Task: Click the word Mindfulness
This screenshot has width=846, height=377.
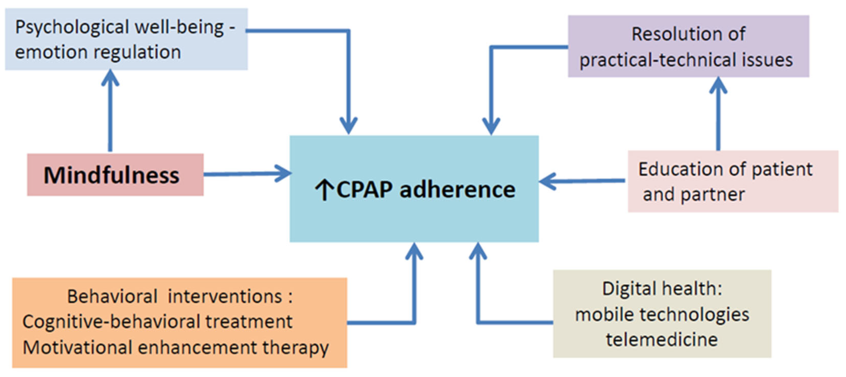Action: [111, 175]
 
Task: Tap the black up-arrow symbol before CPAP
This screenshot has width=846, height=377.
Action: [324, 190]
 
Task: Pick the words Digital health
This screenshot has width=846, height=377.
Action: [662, 289]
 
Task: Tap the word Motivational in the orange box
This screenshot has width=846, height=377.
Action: [77, 347]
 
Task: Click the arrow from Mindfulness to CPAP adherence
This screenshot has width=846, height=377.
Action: [246, 174]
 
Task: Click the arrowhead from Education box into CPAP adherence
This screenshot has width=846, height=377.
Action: [547, 181]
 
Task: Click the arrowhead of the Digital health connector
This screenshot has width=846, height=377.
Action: [478, 251]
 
